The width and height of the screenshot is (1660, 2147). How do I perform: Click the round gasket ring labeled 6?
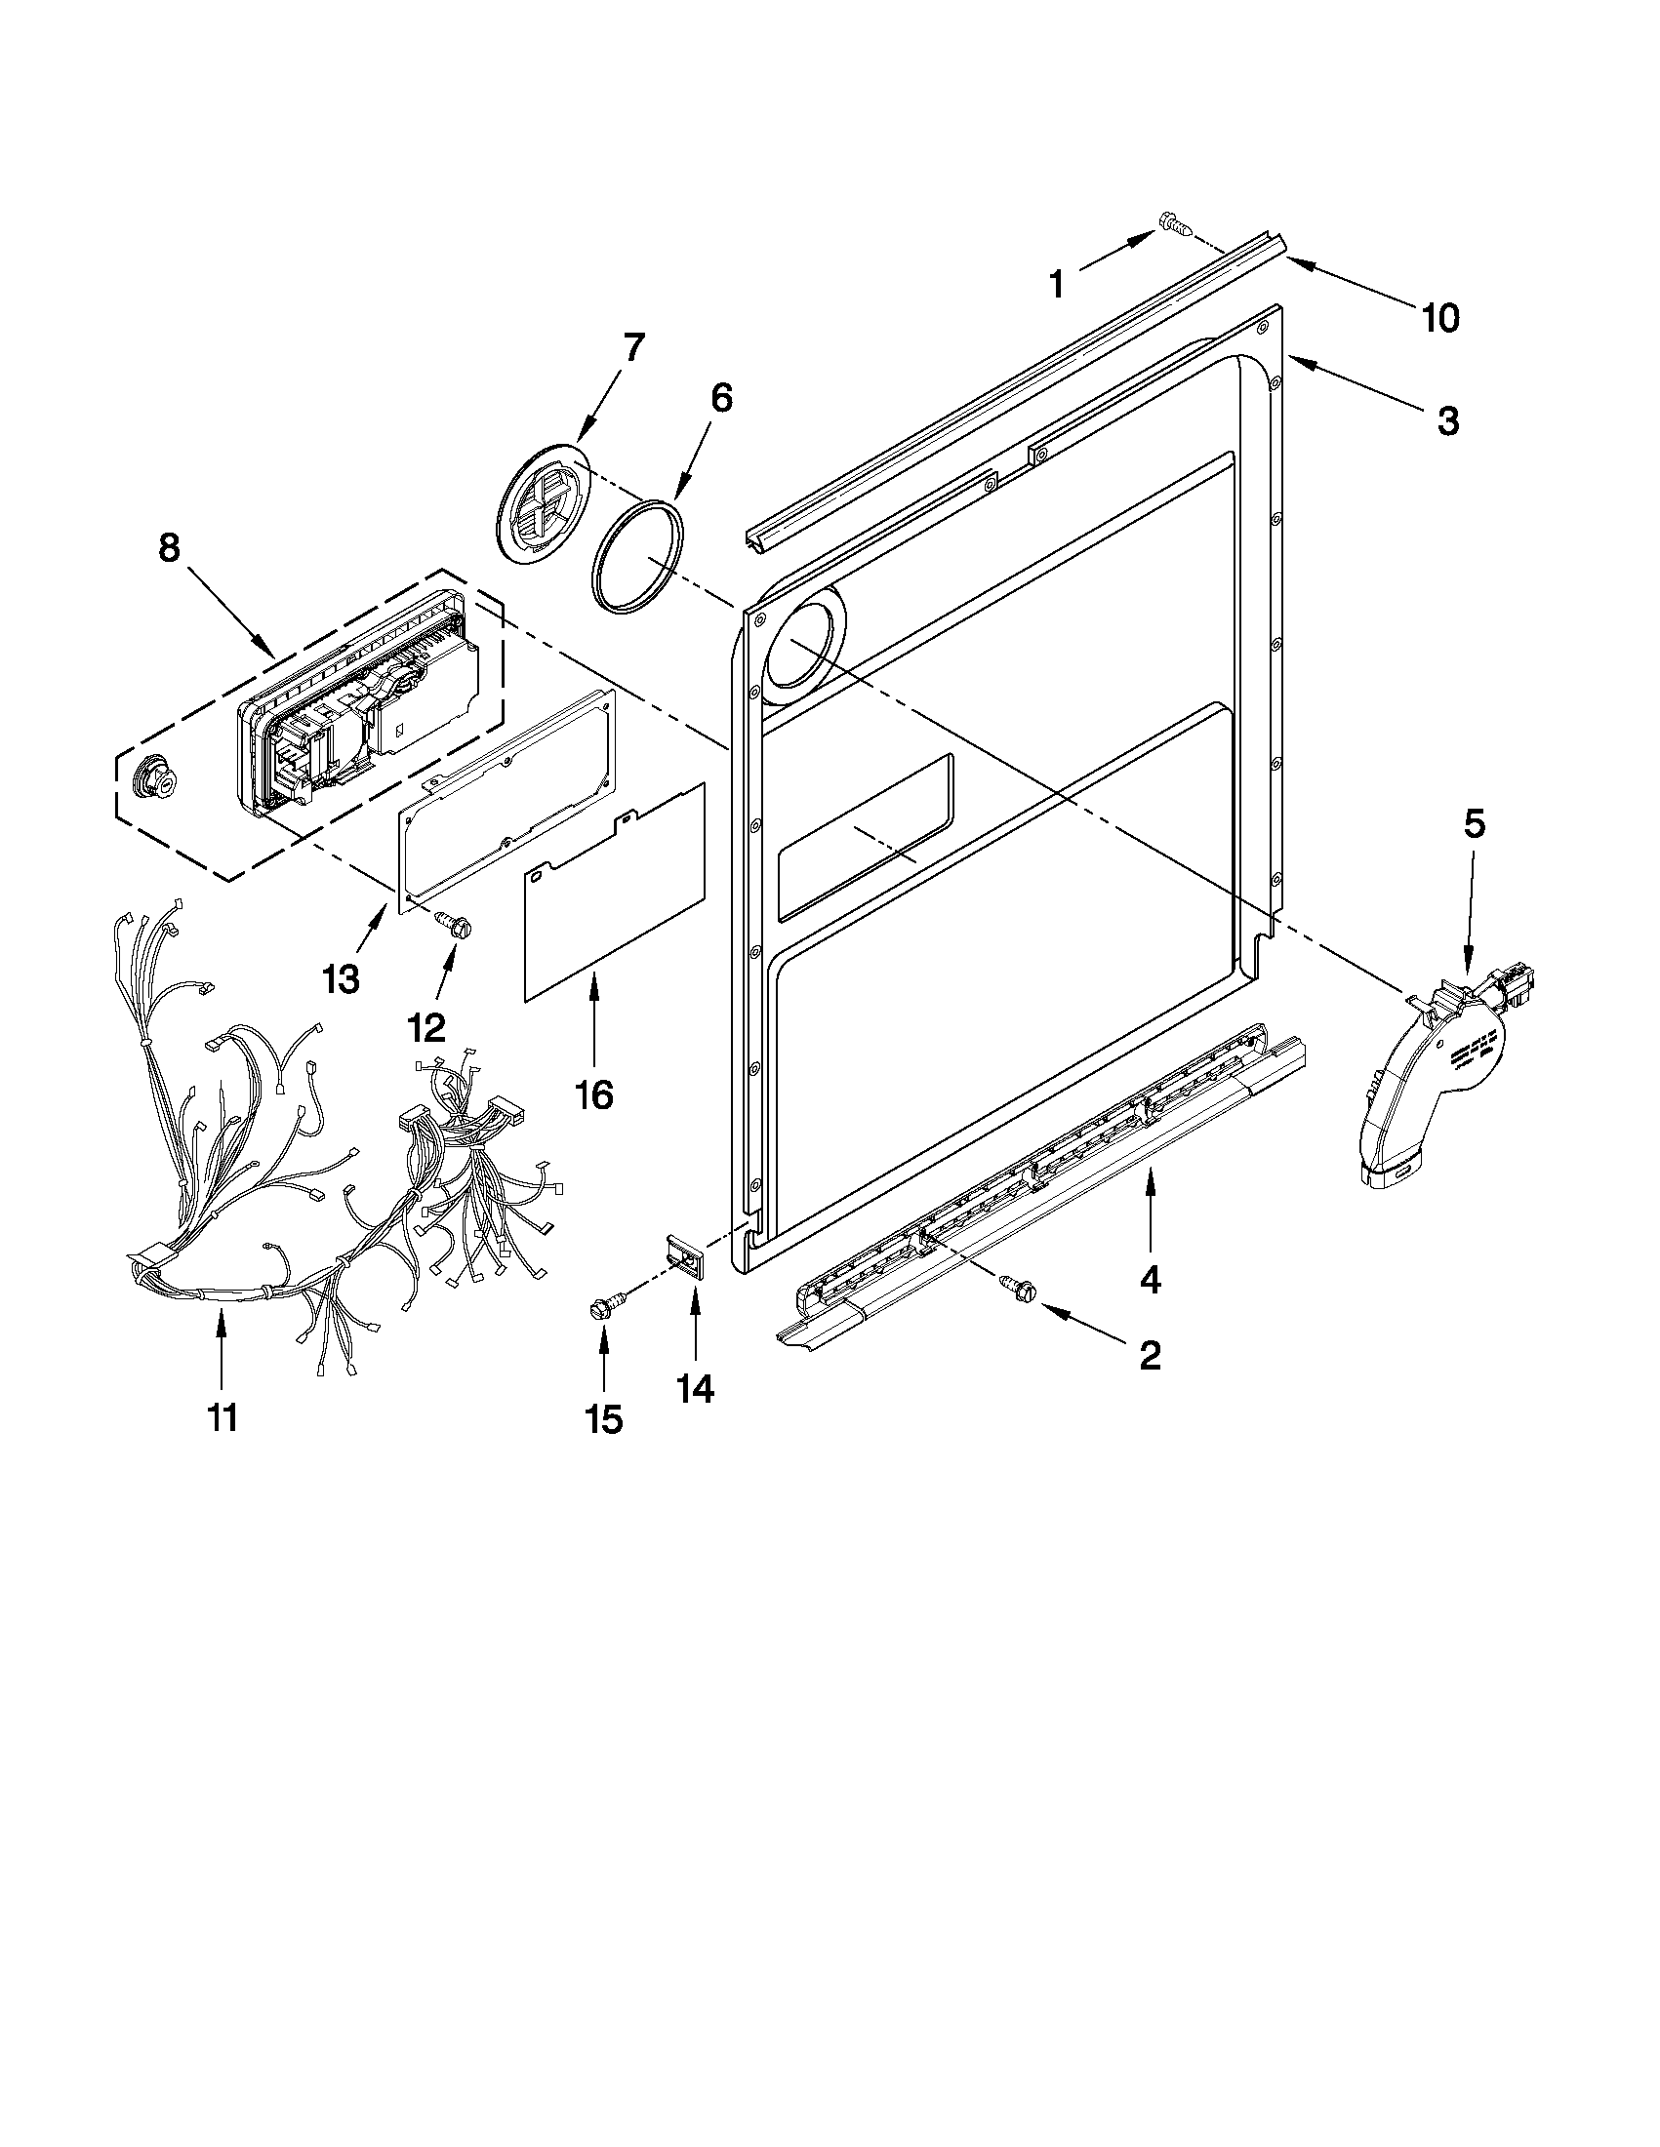637,557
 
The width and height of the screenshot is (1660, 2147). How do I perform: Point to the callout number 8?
169,547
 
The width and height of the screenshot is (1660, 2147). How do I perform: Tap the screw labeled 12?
455,923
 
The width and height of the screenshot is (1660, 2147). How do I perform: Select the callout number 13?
341,979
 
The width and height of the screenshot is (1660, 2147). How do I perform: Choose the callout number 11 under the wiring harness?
223,1416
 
